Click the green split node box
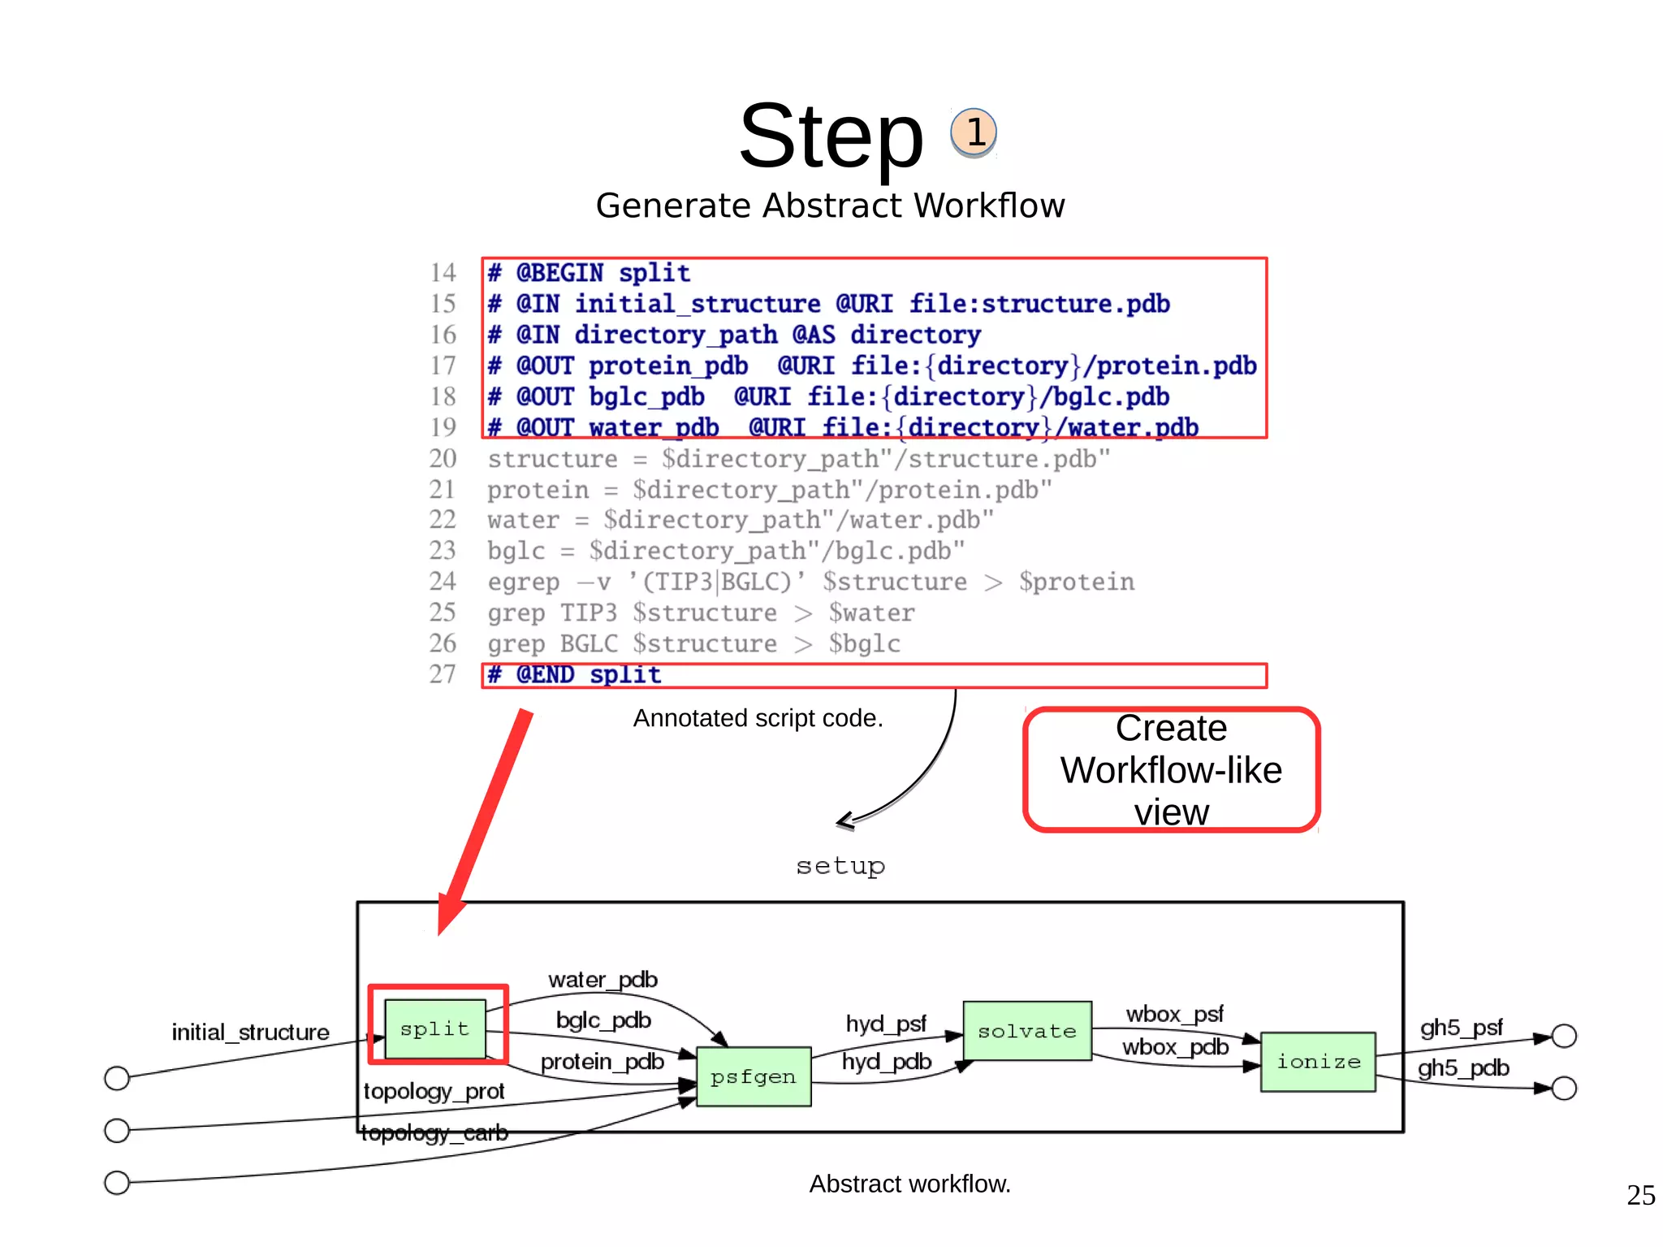click(x=435, y=1028)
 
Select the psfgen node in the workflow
click(x=753, y=1076)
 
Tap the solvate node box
click(x=1026, y=1031)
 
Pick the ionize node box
click(x=1317, y=1061)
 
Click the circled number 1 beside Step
click(x=974, y=132)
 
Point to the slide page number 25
click(x=1640, y=1195)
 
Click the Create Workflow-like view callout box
click(x=1171, y=769)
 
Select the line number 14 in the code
click(x=443, y=272)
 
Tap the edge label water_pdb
click(x=603, y=980)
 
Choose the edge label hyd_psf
click(x=885, y=1024)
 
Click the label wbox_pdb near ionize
click(x=1174, y=1047)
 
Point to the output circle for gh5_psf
click(x=1563, y=1036)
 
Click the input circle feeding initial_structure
click(x=117, y=1078)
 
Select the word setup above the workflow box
click(x=840, y=866)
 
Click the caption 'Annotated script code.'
click(x=758, y=718)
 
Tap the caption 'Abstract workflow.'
click(x=909, y=1184)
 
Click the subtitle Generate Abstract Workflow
click(x=830, y=206)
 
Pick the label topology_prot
click(x=434, y=1091)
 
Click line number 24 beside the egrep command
click(x=443, y=581)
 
